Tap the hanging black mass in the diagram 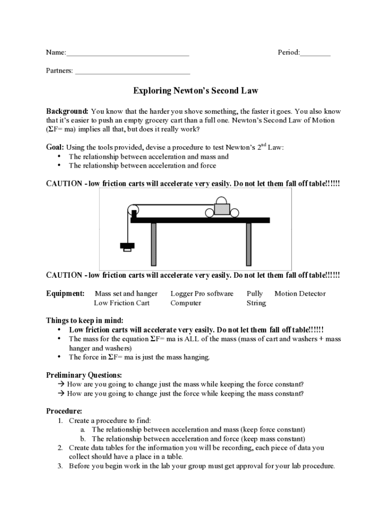click(127, 246)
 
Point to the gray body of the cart click(222, 208)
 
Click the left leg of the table click(153, 244)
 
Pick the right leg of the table click(249, 244)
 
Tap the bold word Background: click(68, 111)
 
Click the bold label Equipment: click(66, 294)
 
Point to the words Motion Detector click(300, 294)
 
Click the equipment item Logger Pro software click(202, 294)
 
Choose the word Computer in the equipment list click(186, 303)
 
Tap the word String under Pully click(256, 303)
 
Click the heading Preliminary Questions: click(84, 375)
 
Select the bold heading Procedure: click(64, 411)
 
